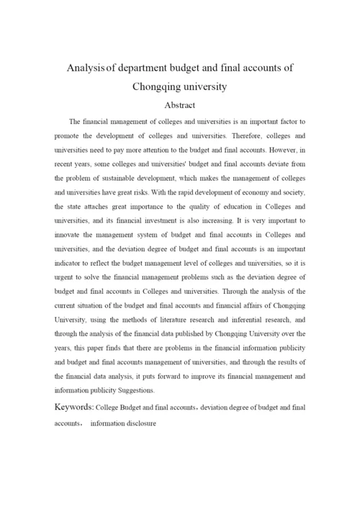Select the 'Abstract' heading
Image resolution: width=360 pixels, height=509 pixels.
click(x=180, y=104)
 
